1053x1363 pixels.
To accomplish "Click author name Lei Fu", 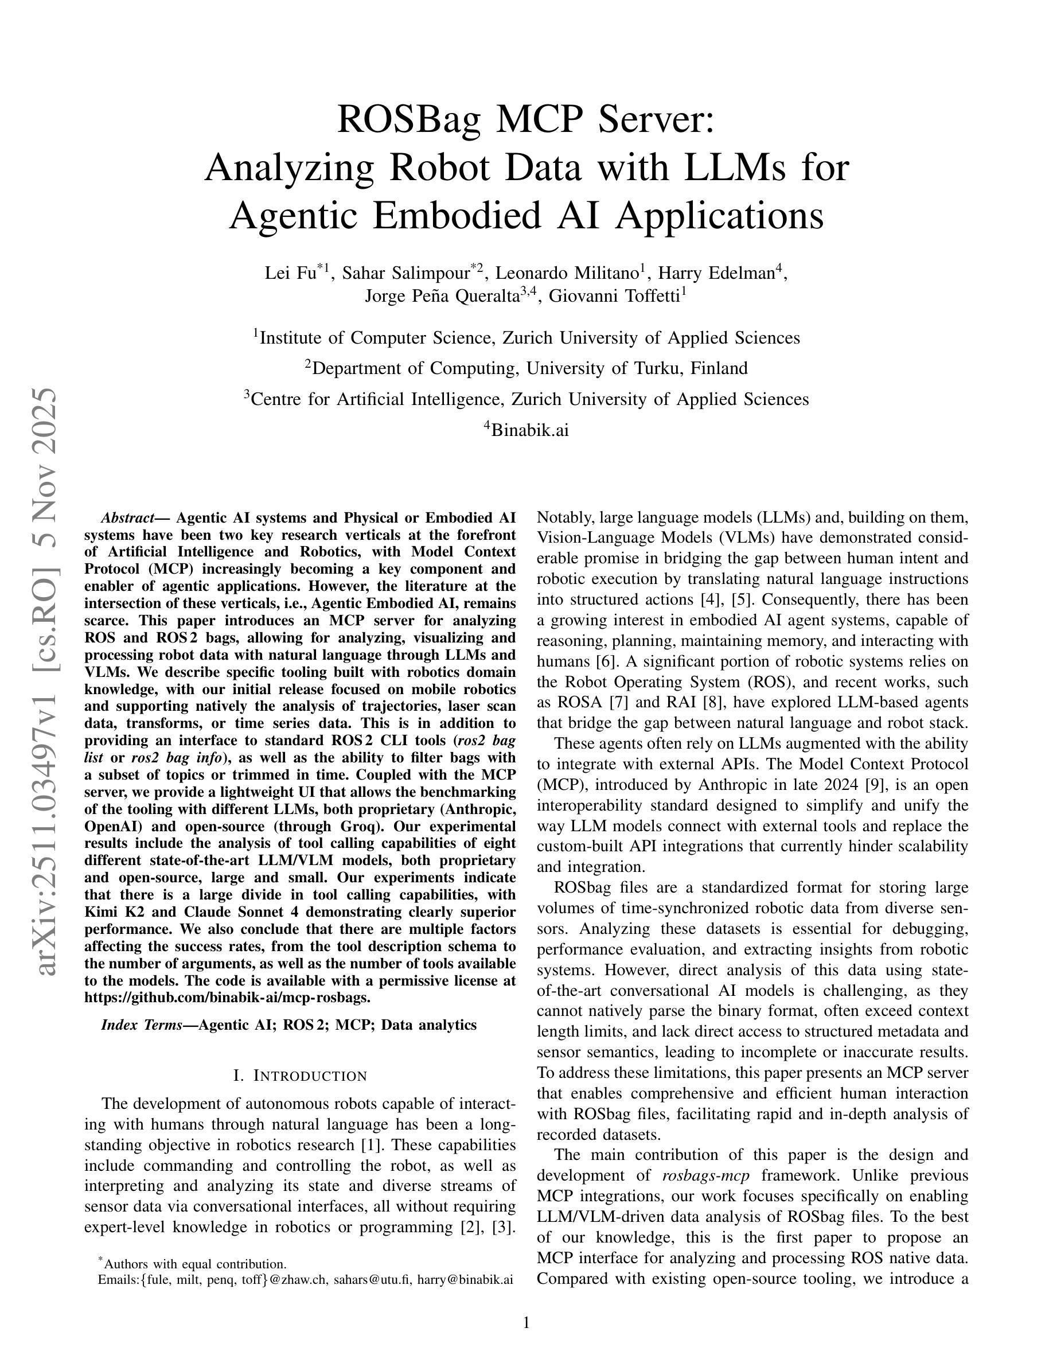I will tap(290, 274).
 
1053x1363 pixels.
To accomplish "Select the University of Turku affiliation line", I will tap(526, 368).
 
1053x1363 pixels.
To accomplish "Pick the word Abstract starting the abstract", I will tap(127, 518).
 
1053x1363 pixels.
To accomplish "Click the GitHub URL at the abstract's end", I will tap(227, 997).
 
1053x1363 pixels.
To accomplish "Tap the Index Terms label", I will tap(141, 1025).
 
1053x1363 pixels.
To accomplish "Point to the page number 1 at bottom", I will tap(526, 1322).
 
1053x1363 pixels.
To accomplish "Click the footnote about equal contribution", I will tap(193, 1264).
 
